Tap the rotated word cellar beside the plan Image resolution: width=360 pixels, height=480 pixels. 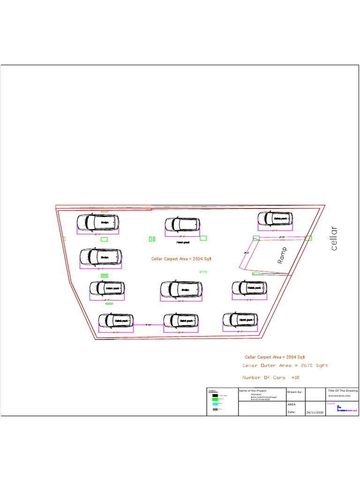tap(334, 238)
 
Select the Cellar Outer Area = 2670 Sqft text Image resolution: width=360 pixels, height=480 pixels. tap(285, 365)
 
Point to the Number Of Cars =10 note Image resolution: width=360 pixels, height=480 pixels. tap(270, 377)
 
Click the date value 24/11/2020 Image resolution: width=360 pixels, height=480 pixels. tap(315, 412)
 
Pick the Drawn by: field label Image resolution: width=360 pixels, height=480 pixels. tap(295, 391)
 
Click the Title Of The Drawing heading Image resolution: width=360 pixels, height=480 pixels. tap(343, 390)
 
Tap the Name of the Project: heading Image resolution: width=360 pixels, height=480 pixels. tap(253, 390)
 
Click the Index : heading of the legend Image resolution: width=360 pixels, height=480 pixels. tap(213, 390)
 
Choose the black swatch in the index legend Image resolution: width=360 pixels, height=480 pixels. tap(215, 396)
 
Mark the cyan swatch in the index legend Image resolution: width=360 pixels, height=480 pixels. tap(215, 404)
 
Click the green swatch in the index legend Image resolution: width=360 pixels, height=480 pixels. tap(215, 399)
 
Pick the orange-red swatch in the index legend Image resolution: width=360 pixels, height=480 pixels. tap(215, 409)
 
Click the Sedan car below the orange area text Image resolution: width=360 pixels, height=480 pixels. tap(181, 290)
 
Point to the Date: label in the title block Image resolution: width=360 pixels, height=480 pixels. tap(292, 412)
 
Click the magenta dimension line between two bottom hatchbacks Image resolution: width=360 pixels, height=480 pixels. tap(148, 324)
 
